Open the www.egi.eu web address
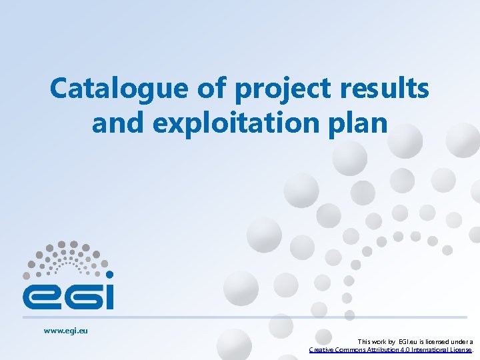66,330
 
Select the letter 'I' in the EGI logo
107,295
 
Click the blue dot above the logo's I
109,274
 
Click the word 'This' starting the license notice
366,341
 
